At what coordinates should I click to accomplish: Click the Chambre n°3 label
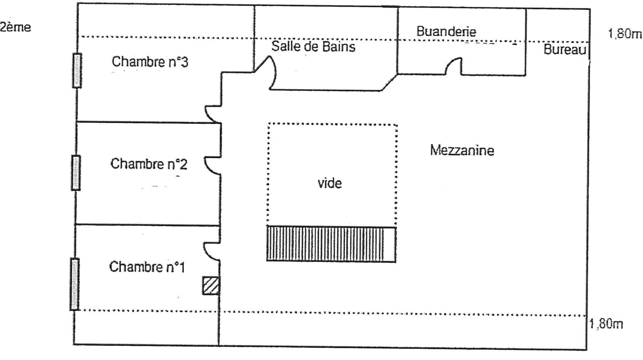[150, 62]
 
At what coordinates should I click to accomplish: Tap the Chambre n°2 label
[149, 164]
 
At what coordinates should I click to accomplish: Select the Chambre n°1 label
[147, 267]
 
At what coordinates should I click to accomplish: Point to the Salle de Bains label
[313, 47]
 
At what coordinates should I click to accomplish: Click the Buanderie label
[446, 31]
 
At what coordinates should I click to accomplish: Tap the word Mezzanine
[462, 150]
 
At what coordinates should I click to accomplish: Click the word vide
[329, 183]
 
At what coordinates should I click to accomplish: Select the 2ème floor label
[15, 27]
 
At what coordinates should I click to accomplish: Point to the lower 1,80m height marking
[606, 324]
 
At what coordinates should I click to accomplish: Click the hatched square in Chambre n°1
[210, 285]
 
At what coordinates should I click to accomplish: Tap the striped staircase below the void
[331, 244]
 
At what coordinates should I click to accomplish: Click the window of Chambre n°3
[77, 71]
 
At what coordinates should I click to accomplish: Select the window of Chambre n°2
[76, 173]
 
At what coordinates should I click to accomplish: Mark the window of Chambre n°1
[74, 284]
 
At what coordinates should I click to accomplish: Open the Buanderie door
[453, 66]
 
